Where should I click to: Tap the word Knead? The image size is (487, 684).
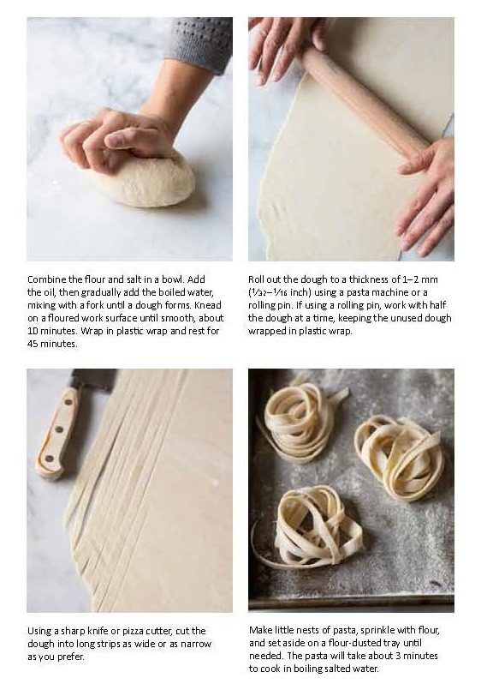(x=210, y=305)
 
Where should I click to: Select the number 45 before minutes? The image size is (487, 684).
(x=33, y=344)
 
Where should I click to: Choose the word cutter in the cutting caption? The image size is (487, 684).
(x=159, y=631)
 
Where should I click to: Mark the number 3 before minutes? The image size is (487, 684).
(x=399, y=656)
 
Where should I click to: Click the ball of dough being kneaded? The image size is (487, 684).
(x=146, y=179)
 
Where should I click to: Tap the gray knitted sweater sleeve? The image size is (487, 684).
(x=200, y=41)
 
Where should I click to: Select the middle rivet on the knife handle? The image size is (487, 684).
(x=59, y=430)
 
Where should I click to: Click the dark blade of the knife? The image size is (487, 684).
(x=94, y=379)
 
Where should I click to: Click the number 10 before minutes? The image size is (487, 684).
(x=33, y=331)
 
